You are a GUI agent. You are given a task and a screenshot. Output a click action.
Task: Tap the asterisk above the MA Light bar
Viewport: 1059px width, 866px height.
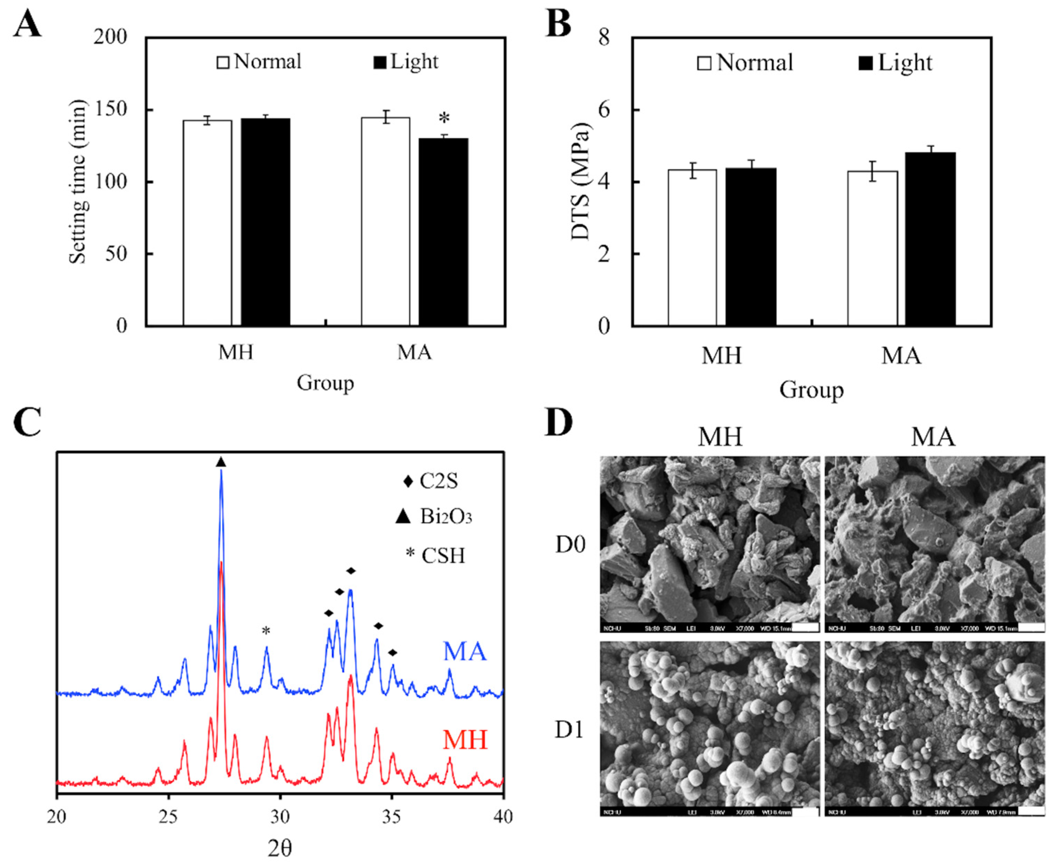(x=443, y=119)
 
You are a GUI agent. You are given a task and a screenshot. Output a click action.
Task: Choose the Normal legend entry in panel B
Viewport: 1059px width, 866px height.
(x=745, y=63)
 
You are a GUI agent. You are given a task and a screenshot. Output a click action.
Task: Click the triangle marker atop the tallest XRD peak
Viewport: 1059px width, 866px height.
(x=221, y=462)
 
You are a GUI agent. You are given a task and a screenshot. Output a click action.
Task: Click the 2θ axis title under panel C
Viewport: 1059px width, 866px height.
(x=280, y=849)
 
